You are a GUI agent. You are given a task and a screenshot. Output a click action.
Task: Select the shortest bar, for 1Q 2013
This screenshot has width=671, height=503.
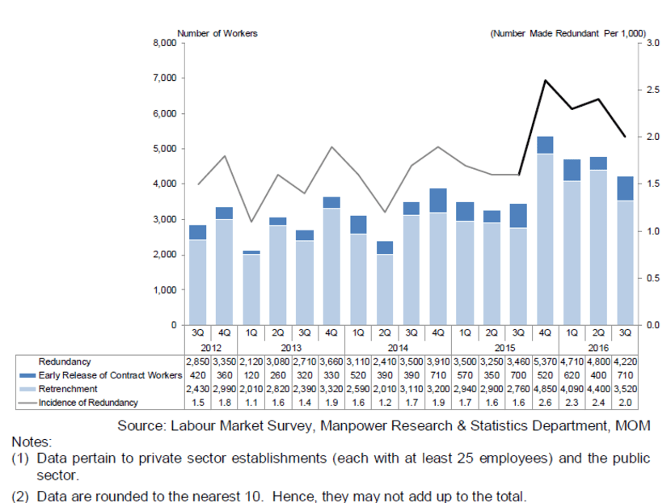(251, 289)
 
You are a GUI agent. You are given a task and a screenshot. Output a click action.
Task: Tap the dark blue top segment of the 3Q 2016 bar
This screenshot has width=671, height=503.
(626, 188)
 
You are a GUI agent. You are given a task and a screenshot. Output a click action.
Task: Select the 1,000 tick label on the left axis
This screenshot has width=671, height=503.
(164, 290)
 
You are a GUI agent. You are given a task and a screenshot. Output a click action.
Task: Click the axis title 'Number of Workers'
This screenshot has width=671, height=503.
(217, 33)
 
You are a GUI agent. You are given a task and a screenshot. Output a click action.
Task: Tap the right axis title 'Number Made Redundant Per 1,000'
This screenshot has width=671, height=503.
(568, 33)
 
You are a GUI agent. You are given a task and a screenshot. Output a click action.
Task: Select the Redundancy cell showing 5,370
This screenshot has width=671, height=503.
(547, 361)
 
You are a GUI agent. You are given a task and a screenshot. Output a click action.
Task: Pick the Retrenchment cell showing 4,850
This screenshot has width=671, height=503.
(547, 389)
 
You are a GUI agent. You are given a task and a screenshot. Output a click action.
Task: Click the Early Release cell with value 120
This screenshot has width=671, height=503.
(251, 375)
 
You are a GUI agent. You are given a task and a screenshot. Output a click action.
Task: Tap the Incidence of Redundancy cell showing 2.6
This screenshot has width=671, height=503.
(547, 403)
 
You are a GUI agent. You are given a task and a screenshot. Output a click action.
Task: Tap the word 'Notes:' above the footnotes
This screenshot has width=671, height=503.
(32, 443)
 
